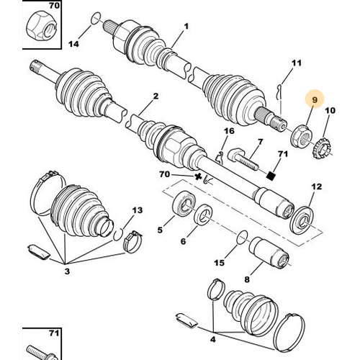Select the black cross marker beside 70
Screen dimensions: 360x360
coord(196,176)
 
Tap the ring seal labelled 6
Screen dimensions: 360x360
coord(204,214)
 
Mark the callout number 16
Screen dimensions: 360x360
coord(230,131)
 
